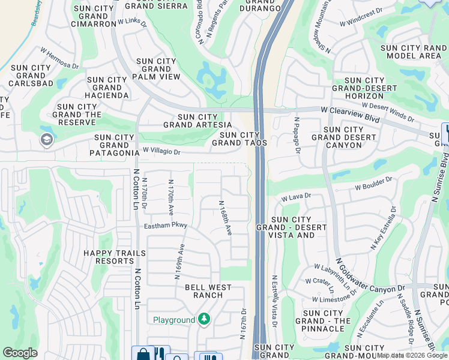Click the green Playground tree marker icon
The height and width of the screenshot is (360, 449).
click(x=204, y=319)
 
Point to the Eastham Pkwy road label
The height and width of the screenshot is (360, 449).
click(x=166, y=226)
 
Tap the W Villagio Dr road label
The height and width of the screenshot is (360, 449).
click(x=161, y=152)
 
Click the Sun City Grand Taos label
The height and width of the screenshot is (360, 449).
click(x=240, y=139)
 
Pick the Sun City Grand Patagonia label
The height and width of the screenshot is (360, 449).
click(x=114, y=145)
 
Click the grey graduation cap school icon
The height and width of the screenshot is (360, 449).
click(x=46, y=140)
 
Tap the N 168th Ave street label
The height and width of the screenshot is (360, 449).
click(x=225, y=217)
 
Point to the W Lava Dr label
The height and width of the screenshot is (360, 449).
click(x=297, y=196)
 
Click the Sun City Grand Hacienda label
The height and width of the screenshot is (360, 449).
click(x=107, y=88)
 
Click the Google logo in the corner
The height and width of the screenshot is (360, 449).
click(x=20, y=352)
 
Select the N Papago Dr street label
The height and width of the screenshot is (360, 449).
click(x=297, y=135)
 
